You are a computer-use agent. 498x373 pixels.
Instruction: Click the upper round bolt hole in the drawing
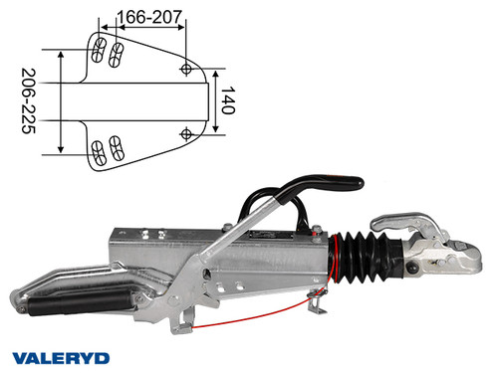click(186, 68)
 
